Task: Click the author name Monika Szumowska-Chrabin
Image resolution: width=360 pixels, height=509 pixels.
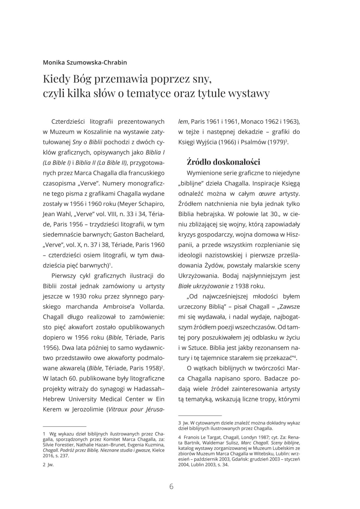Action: tap(85, 62)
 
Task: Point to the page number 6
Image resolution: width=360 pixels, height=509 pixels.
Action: tap(171, 486)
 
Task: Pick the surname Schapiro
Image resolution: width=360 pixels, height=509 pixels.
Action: tap(150, 204)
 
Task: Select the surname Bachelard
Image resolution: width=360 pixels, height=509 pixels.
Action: tap(148, 235)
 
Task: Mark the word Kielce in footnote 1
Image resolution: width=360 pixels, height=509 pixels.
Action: tap(158, 450)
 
